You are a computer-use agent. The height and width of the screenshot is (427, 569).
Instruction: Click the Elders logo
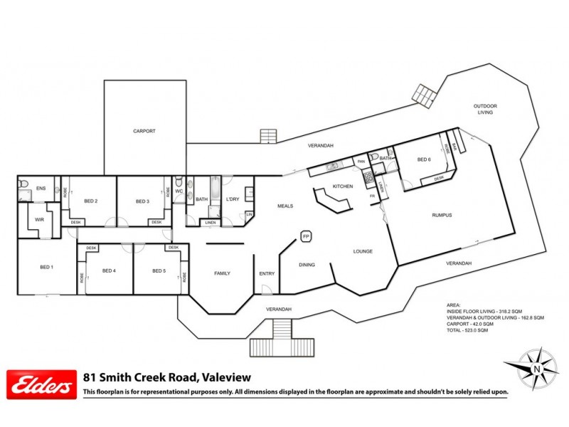[41, 386]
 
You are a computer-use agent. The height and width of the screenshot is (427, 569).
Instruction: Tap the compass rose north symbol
[537, 369]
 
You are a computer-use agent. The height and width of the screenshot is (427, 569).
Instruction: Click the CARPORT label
[144, 131]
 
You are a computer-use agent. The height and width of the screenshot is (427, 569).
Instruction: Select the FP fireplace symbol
[307, 236]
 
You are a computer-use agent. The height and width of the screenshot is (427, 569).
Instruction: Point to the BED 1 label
[46, 267]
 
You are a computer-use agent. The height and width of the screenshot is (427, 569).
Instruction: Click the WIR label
[39, 220]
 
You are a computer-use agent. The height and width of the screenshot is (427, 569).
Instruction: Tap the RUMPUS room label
[442, 215]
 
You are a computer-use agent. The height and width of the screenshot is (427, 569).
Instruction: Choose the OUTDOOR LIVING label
[485, 109]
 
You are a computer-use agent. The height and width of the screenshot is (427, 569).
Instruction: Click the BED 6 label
[424, 159]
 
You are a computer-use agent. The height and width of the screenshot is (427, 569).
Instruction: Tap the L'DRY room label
[232, 200]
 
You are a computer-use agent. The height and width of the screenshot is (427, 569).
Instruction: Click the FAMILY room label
[223, 273]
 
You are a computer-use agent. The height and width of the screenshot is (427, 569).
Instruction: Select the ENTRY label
[267, 273]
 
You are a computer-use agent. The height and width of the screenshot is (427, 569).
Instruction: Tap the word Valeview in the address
[225, 378]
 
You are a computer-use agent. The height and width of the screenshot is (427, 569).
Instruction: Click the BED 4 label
[109, 270]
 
